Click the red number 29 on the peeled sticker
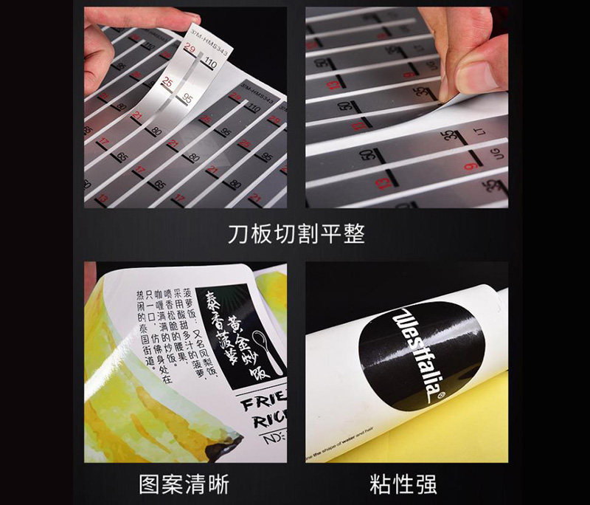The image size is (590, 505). [191, 49]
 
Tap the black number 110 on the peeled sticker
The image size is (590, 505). [209, 64]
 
